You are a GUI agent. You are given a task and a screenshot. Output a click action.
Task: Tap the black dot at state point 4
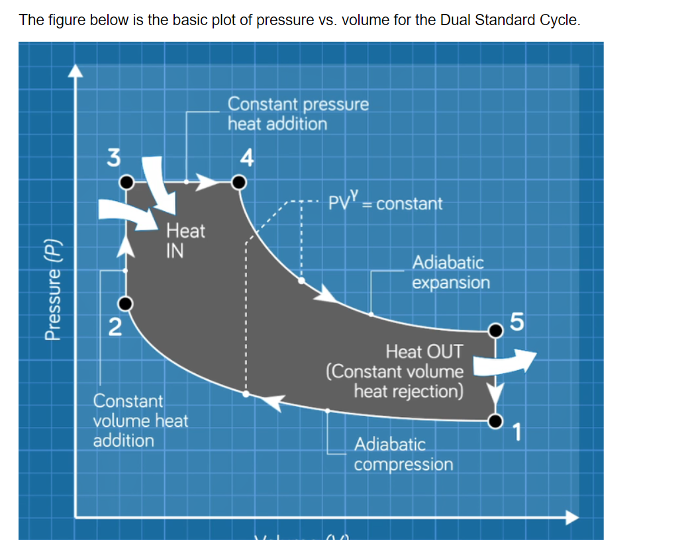(238, 181)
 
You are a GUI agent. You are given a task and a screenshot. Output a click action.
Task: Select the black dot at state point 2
(126, 304)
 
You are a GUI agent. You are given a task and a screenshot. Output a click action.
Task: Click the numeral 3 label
(115, 157)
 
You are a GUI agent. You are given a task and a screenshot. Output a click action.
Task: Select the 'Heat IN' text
(185, 240)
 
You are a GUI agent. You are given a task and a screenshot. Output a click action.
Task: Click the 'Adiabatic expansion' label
(451, 273)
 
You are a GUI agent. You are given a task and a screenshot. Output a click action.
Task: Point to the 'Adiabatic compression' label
(403, 454)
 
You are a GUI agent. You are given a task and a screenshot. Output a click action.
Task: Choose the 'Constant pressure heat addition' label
(298, 114)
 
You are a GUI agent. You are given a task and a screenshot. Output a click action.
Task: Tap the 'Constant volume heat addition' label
(140, 420)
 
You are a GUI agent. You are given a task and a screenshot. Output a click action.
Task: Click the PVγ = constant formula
(385, 202)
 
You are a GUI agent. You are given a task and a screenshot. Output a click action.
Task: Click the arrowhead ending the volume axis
(571, 517)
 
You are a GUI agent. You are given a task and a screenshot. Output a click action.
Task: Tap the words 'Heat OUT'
(424, 351)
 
